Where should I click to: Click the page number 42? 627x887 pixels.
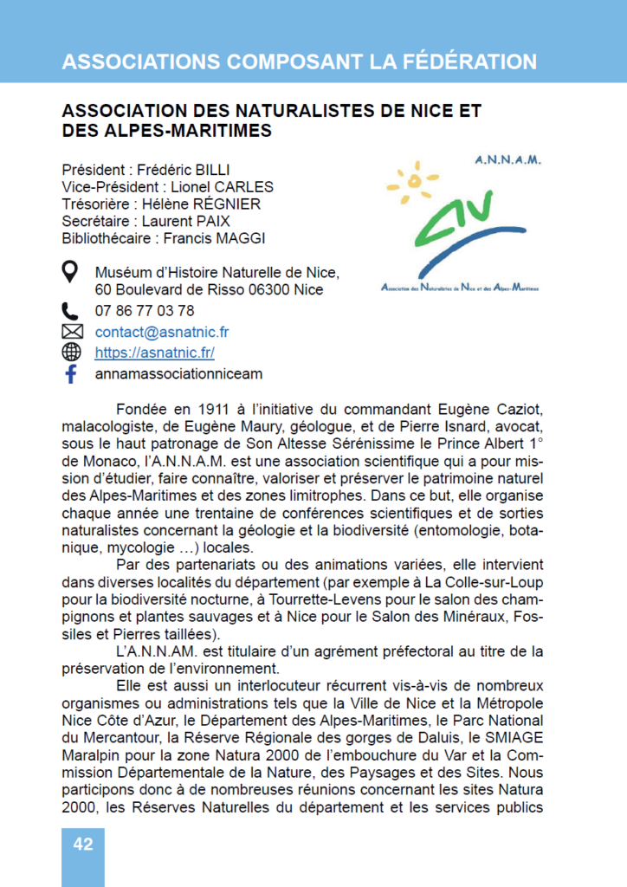pos(83,845)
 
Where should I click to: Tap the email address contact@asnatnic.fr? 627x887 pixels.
pos(162,332)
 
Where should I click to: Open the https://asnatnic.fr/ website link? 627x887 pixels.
pos(155,353)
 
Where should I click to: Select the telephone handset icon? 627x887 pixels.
pos(71,310)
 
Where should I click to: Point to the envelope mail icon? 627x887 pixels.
pos(72,332)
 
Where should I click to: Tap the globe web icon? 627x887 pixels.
pos(72,353)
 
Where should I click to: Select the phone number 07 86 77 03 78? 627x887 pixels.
pos(145,310)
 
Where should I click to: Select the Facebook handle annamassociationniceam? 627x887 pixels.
pos(178,374)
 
